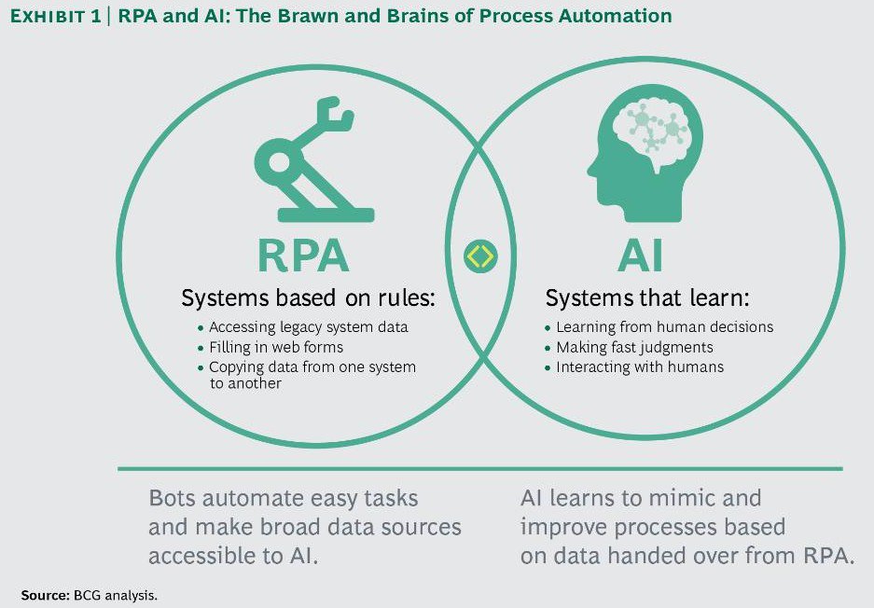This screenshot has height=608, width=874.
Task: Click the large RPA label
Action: [303, 256]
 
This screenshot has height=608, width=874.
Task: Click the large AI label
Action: [646, 256]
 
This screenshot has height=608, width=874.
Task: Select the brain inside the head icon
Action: [655, 134]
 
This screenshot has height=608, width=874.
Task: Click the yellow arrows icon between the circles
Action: [480, 256]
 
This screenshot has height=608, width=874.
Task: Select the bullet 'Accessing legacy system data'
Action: [308, 327]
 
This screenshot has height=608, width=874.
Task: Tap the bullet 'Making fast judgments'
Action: [634, 347]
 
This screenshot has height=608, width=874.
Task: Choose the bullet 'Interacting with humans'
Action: [640, 366]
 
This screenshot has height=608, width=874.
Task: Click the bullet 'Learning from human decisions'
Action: [664, 327]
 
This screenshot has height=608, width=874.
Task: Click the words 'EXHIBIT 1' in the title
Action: [55, 16]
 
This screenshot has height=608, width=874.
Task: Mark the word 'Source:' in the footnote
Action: [45, 593]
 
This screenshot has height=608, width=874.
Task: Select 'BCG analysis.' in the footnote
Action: [110, 593]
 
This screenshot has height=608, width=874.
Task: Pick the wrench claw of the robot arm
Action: [331, 117]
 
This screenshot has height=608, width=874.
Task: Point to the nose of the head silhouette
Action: [592, 170]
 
